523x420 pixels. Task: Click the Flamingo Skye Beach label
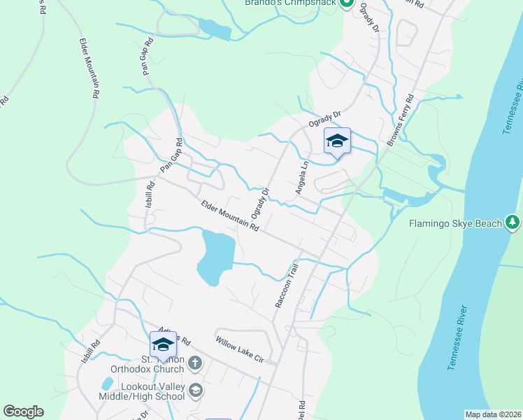pyautogui.click(x=455, y=224)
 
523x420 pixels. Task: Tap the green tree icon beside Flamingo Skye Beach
pyautogui.click(x=513, y=223)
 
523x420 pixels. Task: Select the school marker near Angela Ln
pyautogui.click(x=337, y=141)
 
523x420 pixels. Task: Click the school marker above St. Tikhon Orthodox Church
pyautogui.click(x=163, y=345)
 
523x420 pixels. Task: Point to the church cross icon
pyautogui.click(x=195, y=363)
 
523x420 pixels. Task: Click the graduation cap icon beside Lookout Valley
pyautogui.click(x=196, y=390)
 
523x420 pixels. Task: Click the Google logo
pyautogui.click(x=23, y=412)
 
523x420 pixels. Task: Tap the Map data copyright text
pyautogui.click(x=494, y=414)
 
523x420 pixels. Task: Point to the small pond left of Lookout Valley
pyautogui.click(x=107, y=384)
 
